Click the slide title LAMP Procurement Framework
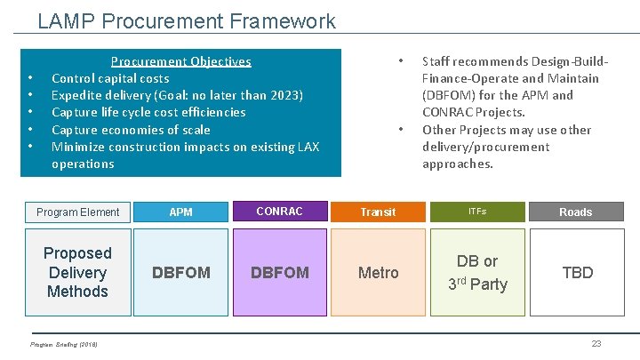187,20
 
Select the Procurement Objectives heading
180,61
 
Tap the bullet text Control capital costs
110,78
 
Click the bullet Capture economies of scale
131,130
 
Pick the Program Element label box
77,212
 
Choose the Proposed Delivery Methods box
77,272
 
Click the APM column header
180,212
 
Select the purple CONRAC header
279,212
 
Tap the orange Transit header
378,212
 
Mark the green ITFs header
477,212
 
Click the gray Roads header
575,212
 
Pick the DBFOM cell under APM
180,273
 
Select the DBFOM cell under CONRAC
279,273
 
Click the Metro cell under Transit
378,273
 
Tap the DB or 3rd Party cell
477,273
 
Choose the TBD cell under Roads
577,273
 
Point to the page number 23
596,344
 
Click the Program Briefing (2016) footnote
64,344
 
